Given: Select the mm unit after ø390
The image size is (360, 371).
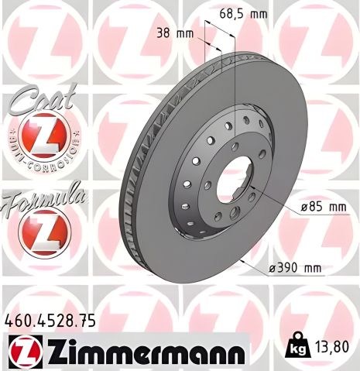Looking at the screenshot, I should pos(311,268).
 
